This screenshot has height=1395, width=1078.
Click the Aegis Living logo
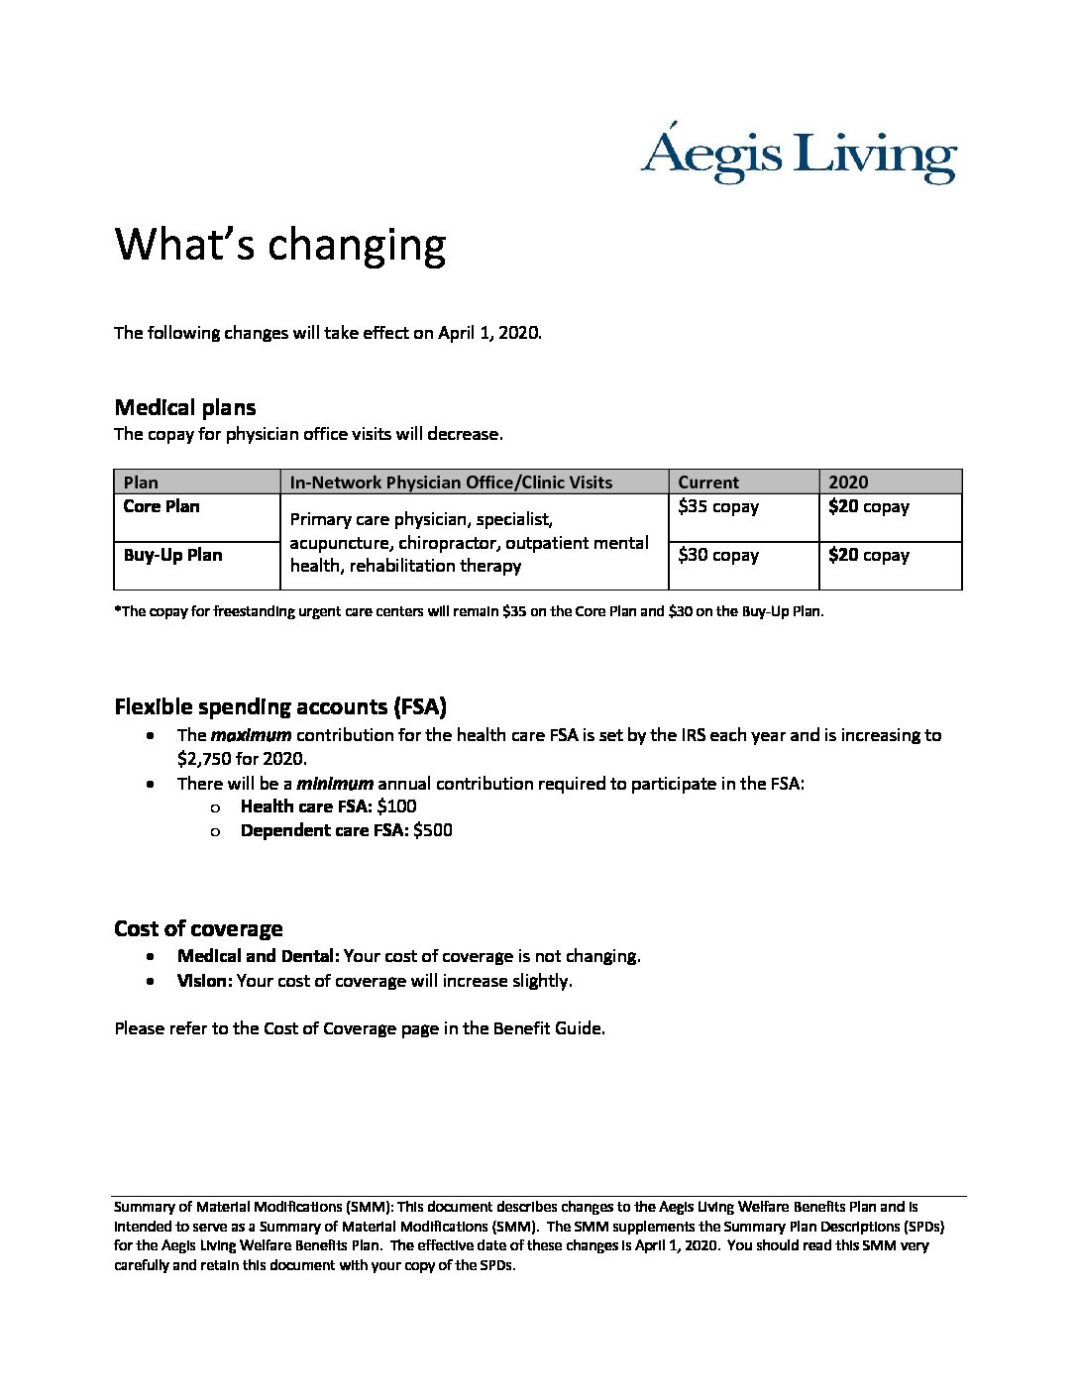[799, 155]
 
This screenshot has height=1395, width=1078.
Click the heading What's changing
[280, 245]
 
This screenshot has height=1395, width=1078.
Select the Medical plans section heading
[185, 407]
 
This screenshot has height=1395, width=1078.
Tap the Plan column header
[141, 483]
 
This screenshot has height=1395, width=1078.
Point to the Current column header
[708, 483]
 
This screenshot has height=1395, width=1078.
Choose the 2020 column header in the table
[848, 483]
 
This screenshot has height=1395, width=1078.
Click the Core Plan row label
[162, 506]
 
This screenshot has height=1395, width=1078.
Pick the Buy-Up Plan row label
[172, 555]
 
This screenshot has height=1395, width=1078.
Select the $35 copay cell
[718, 506]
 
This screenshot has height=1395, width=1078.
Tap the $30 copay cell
[718, 555]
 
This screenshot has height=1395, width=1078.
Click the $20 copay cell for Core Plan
[869, 506]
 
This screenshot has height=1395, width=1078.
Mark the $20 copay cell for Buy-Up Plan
[869, 555]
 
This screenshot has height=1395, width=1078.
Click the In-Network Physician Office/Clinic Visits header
[451, 483]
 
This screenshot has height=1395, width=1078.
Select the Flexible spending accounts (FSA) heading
[280, 706]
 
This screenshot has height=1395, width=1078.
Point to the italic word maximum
[251, 735]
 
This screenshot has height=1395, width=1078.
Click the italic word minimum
[335, 784]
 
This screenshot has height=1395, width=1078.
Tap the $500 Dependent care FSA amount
[433, 830]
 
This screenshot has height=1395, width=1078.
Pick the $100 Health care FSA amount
[396, 806]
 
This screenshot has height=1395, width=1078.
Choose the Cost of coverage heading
[198, 928]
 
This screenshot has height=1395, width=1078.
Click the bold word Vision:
[204, 981]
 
